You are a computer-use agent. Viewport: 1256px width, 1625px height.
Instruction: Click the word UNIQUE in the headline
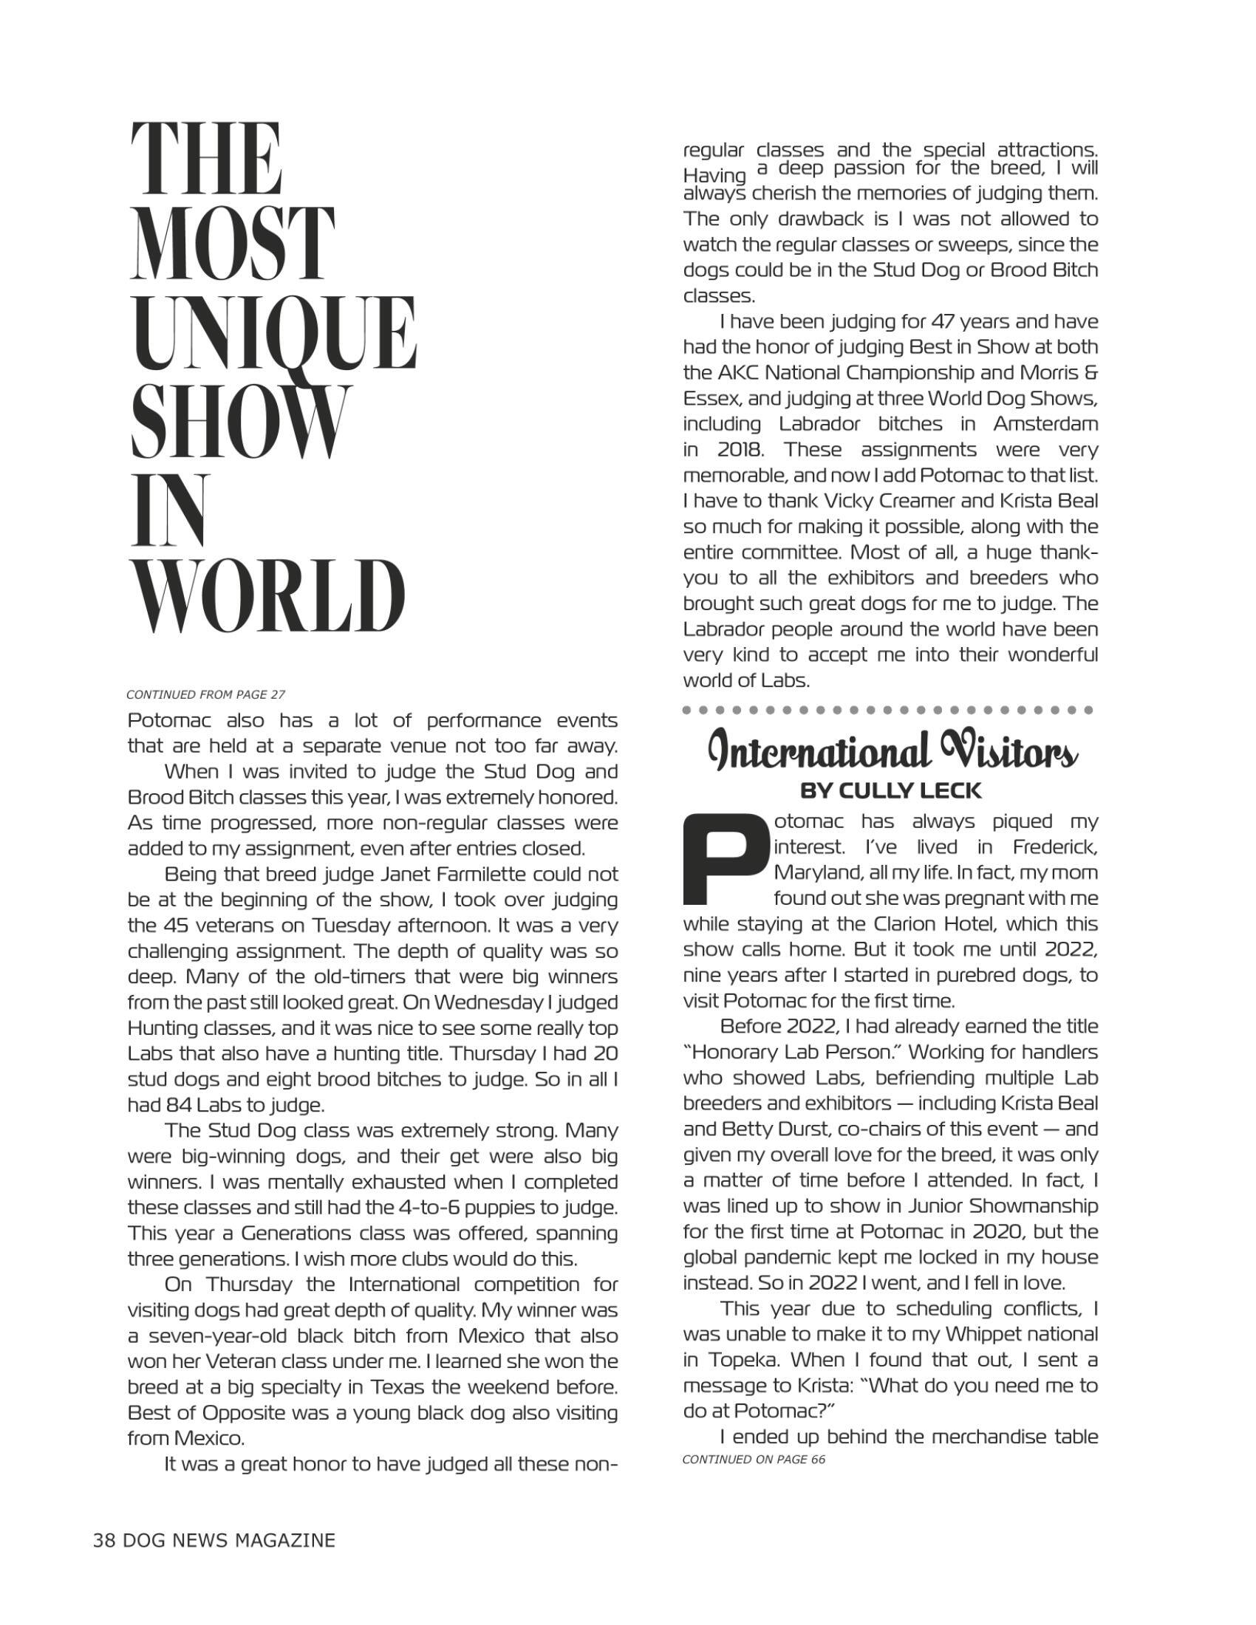pos(273,333)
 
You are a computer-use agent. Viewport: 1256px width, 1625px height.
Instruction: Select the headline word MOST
pos(232,243)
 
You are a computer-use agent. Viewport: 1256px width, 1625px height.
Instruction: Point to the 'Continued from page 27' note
pos(205,695)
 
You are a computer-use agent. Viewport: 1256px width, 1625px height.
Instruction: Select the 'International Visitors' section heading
pos(892,751)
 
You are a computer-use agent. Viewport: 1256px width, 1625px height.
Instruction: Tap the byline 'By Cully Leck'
pos(891,790)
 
